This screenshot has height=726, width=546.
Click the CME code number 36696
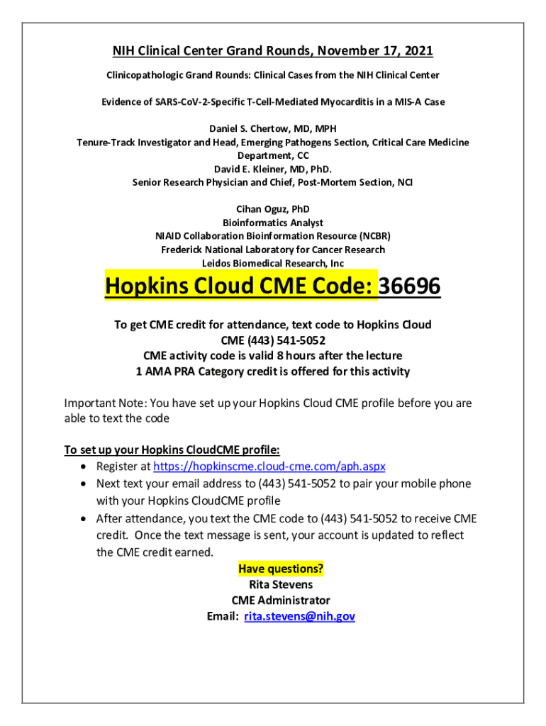pos(410,287)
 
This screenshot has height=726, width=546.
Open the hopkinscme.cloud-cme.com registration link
pos(269,467)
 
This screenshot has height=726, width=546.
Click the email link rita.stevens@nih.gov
pos(299,616)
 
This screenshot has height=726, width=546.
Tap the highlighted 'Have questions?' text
pos(281,569)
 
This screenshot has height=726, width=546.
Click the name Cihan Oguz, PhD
pos(273,209)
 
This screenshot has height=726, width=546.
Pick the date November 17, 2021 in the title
pos(375,51)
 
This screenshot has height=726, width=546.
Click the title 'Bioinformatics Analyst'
pos(273,223)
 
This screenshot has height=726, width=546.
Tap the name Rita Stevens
pos(281,585)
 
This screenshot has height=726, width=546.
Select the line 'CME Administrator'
pos(281,601)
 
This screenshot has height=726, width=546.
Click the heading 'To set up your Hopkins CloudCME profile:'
pos(172,449)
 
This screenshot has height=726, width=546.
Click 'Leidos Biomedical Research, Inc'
pos(273,263)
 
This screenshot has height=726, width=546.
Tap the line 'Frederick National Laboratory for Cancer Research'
pos(273,250)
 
